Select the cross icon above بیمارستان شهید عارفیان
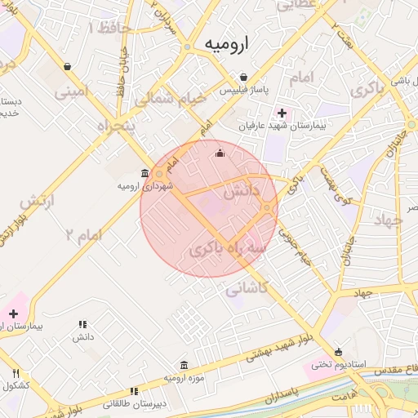282,113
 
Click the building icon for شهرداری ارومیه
145,174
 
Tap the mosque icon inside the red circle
219,153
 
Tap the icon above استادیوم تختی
339,351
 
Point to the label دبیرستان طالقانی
134,403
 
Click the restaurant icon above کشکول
16,374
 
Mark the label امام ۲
85,234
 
